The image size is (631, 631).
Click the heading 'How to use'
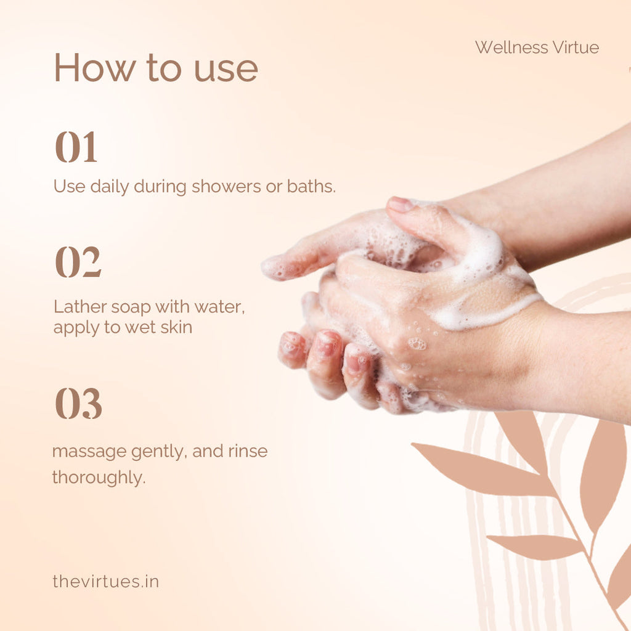[156, 68]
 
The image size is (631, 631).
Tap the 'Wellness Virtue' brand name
[537, 47]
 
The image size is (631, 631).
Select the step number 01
[76, 147]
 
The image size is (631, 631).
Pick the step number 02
[78, 262]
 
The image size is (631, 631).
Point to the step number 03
[78, 403]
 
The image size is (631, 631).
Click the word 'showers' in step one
[226, 186]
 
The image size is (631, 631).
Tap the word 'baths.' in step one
[311, 186]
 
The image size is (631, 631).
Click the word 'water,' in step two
[220, 307]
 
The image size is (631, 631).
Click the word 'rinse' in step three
[248, 451]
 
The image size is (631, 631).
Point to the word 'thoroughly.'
[99, 478]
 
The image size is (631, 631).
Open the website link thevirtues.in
[106, 582]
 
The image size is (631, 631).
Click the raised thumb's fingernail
[400, 205]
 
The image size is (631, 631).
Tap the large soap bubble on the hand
[417, 344]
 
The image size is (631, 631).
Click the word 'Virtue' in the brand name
[576, 47]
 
